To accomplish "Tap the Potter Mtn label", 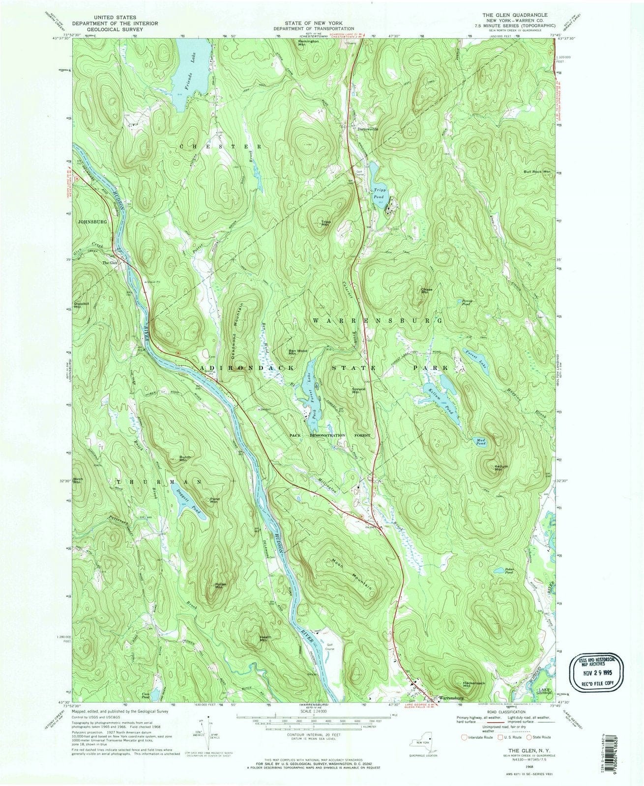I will pyautogui.click(x=220, y=585).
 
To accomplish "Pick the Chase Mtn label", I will pyautogui.click(x=426, y=291).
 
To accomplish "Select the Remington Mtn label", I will pyautogui.click(x=309, y=43).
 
